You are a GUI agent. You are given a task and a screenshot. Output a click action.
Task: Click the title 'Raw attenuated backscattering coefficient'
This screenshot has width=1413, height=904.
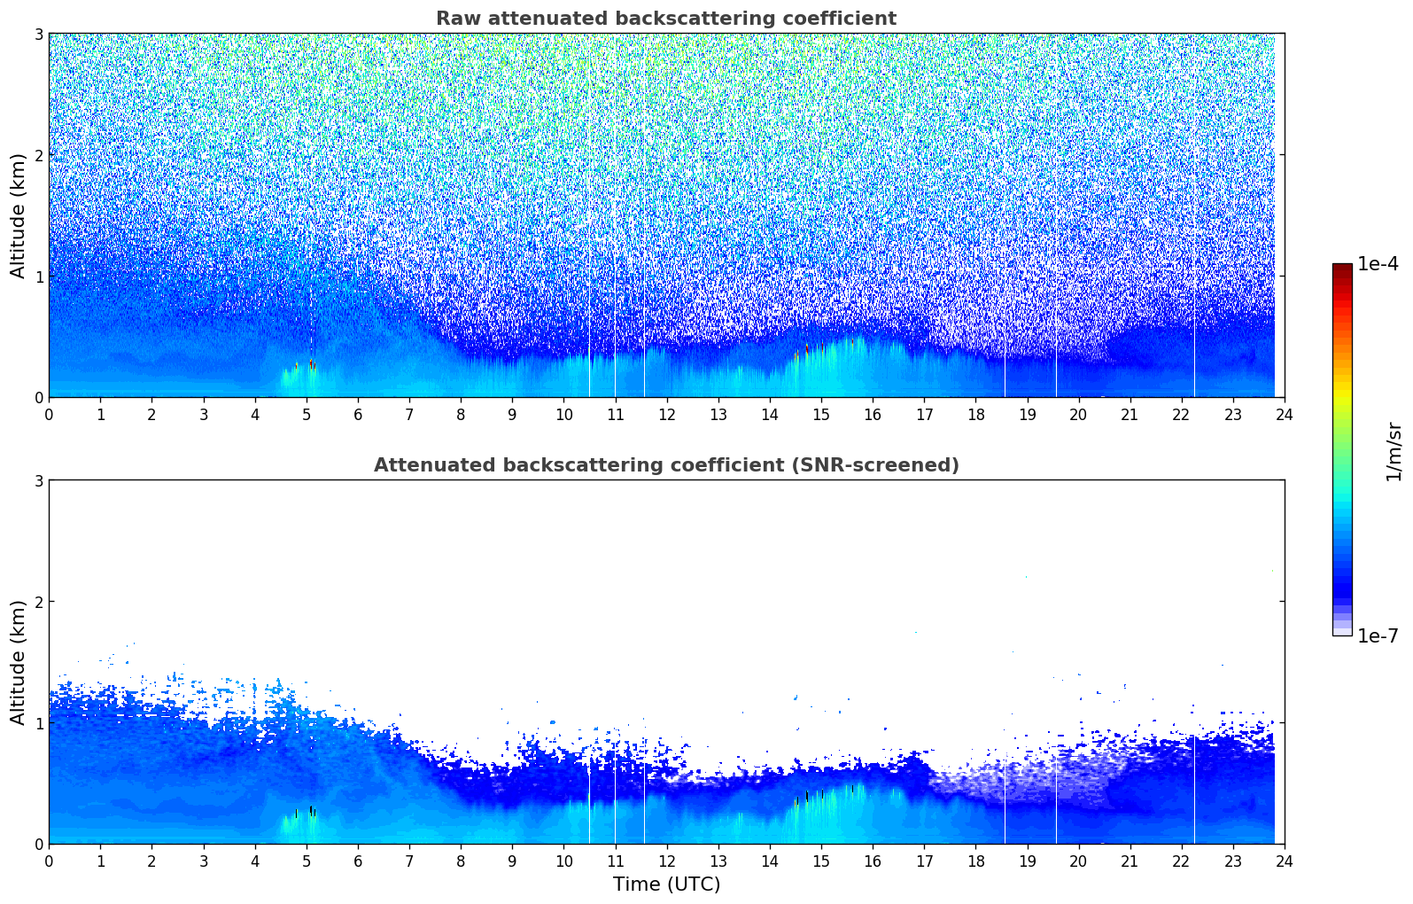pyautogui.click(x=665, y=19)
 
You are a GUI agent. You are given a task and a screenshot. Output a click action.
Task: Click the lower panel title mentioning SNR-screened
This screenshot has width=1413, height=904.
pyautogui.click(x=665, y=465)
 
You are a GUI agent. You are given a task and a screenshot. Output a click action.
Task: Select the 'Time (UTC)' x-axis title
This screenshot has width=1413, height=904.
pyautogui.click(x=666, y=885)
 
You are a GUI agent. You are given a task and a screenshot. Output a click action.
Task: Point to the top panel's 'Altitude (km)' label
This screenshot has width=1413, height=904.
pyautogui.click(x=18, y=215)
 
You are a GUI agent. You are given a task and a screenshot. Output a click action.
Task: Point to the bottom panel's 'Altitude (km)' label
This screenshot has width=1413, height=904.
pyautogui.click(x=18, y=662)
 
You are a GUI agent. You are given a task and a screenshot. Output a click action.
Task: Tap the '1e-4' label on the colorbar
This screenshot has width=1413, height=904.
pyautogui.click(x=1378, y=264)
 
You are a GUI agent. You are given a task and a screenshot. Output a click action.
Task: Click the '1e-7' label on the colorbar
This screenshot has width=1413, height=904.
pyautogui.click(x=1378, y=635)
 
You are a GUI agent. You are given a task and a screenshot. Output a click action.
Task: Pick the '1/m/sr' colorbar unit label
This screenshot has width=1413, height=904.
pyautogui.click(x=1394, y=451)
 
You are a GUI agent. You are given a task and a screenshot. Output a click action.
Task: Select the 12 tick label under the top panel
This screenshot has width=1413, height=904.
pyautogui.click(x=666, y=414)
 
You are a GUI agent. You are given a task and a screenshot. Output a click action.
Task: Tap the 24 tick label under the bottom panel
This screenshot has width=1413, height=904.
pyautogui.click(x=1284, y=861)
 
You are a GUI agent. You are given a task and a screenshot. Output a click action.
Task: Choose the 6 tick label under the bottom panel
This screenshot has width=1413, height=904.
pyautogui.click(x=358, y=861)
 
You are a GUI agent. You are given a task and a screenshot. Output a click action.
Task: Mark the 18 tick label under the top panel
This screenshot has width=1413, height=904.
pyautogui.click(x=975, y=414)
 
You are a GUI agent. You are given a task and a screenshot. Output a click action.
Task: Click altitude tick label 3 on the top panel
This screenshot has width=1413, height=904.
pyautogui.click(x=38, y=34)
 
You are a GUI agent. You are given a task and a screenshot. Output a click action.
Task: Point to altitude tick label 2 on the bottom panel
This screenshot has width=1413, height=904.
pyautogui.click(x=38, y=602)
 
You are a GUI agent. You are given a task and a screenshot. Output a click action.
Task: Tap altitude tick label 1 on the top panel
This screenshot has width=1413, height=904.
pyautogui.click(x=38, y=277)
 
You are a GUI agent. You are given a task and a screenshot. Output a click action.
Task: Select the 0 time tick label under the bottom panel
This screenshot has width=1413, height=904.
pyautogui.click(x=49, y=861)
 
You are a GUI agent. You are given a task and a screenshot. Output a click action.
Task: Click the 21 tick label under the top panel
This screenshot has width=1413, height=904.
pyautogui.click(x=1130, y=414)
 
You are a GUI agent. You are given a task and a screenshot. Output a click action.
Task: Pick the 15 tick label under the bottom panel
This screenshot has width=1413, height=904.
pyautogui.click(x=821, y=861)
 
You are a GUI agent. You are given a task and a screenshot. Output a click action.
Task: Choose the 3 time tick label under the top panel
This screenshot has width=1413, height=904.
pyautogui.click(x=203, y=414)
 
